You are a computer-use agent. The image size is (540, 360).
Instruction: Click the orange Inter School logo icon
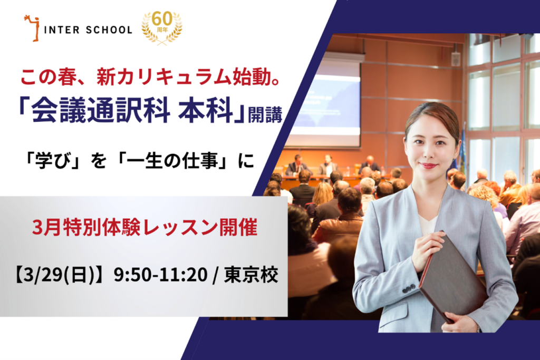pyautogui.click(x=32, y=28)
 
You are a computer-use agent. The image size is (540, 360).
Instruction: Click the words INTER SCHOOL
pyautogui.click(x=88, y=30)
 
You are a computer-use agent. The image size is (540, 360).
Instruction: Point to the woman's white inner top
pyautogui.click(x=428, y=224)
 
